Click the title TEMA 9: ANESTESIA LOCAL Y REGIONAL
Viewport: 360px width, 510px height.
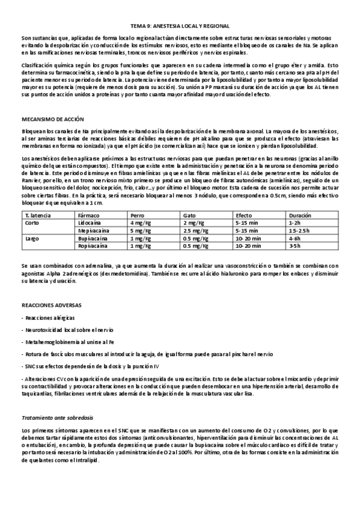coord(180,26)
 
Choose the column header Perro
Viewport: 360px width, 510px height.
coord(137,214)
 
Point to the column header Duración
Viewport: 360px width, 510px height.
coord(300,214)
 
